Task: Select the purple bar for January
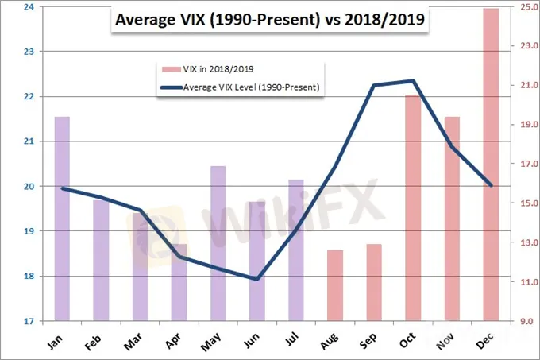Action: pos(62,219)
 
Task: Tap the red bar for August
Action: pos(334,285)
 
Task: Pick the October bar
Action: pos(413,208)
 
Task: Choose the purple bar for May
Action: pos(218,243)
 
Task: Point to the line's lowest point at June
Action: pos(256,279)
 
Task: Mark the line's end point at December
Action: pos(491,185)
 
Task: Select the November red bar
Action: pos(452,219)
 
